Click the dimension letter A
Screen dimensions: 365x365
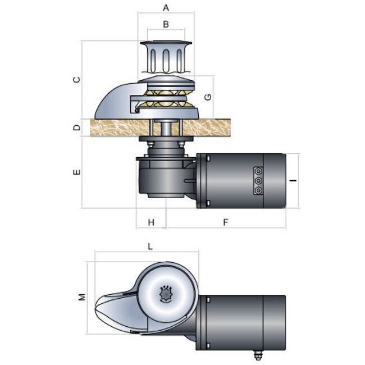(165, 8)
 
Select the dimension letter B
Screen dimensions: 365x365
(165, 24)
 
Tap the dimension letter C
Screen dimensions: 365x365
(77, 79)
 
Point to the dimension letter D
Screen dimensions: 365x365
(77, 127)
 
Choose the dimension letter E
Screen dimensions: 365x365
(77, 172)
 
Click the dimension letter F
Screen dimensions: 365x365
(225, 222)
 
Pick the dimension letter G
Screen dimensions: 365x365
(208, 96)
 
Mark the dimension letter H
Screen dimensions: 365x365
(151, 222)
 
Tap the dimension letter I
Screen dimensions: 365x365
(293, 181)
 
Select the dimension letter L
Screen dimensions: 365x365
(150, 246)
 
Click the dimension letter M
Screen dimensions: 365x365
(81, 296)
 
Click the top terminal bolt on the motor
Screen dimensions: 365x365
(258, 171)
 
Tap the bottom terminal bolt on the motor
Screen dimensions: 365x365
(258, 191)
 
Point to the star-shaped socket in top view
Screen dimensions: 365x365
(166, 294)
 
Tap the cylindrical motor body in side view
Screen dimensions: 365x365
(247, 181)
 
